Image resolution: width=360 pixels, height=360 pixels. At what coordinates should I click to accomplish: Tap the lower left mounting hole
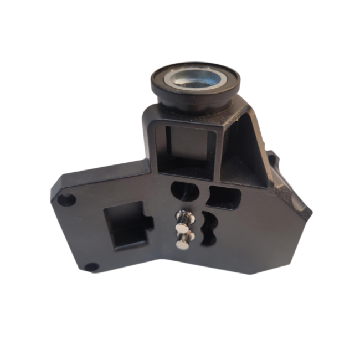pos(88,268)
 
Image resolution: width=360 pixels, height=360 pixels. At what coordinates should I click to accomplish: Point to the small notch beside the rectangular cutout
pos(150,222)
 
